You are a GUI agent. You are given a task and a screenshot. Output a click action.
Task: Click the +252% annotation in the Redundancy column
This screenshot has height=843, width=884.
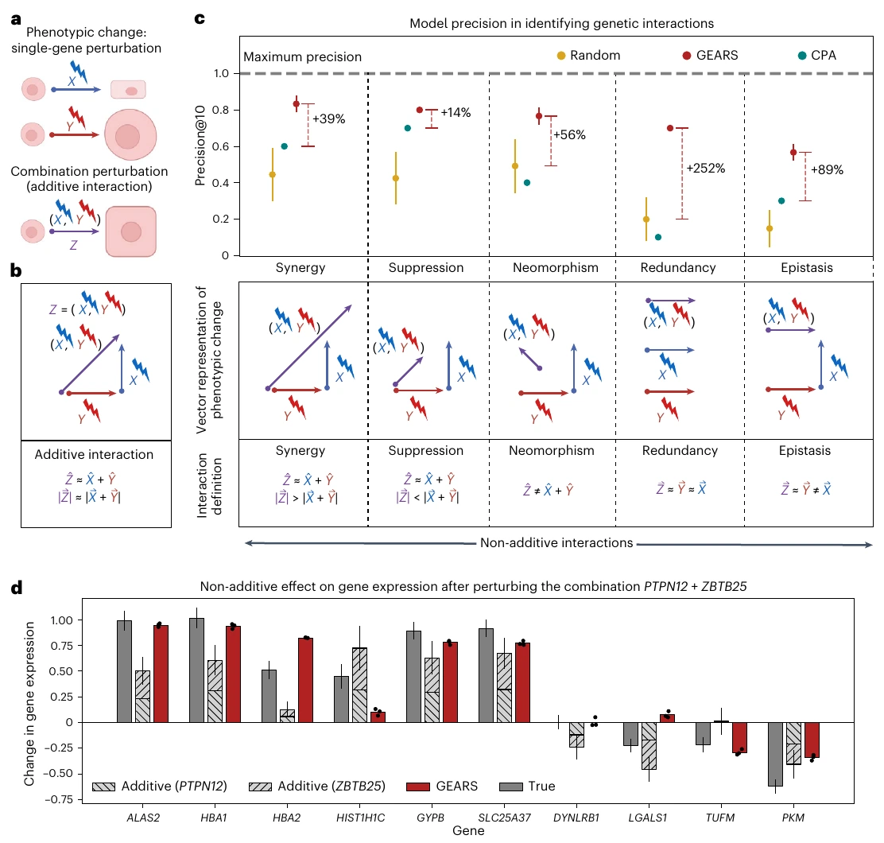click(705, 168)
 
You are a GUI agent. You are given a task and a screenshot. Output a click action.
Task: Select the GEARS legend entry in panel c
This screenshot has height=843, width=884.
click(710, 55)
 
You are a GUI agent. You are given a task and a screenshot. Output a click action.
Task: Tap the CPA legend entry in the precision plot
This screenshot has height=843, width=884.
click(817, 55)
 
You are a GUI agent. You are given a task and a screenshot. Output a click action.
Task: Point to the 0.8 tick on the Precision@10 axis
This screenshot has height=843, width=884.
click(220, 110)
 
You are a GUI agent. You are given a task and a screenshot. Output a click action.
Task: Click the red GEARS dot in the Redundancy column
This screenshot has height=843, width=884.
click(670, 128)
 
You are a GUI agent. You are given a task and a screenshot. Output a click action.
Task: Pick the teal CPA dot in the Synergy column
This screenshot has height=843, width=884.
click(284, 146)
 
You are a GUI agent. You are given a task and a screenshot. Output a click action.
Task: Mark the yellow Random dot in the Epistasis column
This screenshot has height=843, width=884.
click(770, 228)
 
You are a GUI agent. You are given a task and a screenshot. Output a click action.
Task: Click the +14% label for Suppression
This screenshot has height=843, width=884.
click(456, 112)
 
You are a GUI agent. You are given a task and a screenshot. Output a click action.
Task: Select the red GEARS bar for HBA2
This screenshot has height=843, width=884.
click(305, 679)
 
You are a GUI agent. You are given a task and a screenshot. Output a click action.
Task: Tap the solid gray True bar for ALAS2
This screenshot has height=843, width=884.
click(125, 671)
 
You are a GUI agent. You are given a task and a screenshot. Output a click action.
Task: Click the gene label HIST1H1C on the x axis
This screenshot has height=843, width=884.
click(360, 818)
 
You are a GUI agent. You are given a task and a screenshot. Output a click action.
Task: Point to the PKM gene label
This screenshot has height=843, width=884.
click(793, 818)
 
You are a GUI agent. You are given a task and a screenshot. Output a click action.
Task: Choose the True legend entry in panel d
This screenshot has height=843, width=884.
click(527, 786)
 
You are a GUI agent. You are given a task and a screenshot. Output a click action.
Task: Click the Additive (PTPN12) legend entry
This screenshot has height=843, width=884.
click(160, 786)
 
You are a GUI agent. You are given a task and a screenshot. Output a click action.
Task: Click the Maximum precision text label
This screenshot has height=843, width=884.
click(302, 57)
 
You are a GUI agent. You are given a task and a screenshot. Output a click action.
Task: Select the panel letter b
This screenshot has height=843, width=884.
click(16, 270)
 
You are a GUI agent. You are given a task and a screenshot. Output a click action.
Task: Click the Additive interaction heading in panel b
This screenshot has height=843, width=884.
click(94, 454)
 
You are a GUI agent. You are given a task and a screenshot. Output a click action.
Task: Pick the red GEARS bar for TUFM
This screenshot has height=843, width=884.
click(739, 737)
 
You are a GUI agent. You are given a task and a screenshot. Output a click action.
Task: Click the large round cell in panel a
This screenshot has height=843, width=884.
click(130, 135)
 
